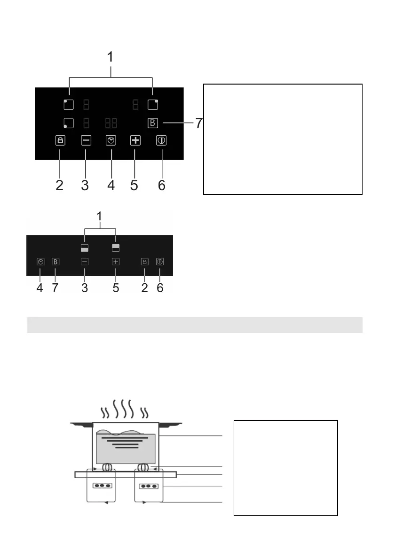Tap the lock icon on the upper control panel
[x=60, y=140]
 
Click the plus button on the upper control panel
[x=135, y=140]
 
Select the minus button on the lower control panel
[x=85, y=262]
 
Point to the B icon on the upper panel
[x=153, y=124]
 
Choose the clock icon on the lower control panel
[x=40, y=262]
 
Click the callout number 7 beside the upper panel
[x=199, y=124]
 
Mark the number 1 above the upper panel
[x=111, y=57]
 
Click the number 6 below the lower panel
[x=160, y=287]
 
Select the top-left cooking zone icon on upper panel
[x=68, y=104]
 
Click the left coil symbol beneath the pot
[x=107, y=468]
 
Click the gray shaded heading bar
[x=194, y=325]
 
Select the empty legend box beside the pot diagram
[x=285, y=468]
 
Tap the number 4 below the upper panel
[x=111, y=185]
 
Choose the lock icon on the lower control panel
[x=144, y=262]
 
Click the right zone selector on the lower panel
[x=116, y=248]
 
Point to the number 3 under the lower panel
[x=85, y=287]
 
